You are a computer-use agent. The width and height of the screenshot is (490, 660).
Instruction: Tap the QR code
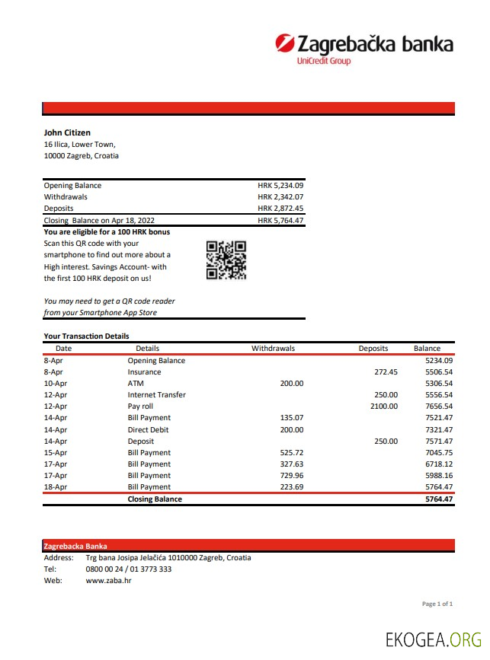tap(226, 260)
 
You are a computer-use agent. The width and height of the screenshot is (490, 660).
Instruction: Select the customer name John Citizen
tap(67, 132)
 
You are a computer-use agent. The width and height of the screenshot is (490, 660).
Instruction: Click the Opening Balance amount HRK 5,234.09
tap(280, 185)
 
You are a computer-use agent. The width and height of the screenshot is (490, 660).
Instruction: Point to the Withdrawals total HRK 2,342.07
tap(280, 196)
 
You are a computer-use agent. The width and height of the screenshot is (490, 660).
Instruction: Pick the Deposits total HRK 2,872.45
tap(280, 208)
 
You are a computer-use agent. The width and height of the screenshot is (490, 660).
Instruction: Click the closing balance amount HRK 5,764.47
tap(280, 220)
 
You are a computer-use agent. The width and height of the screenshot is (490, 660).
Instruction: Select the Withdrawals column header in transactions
tap(273, 348)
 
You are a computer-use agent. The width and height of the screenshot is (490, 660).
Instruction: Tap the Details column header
tap(147, 348)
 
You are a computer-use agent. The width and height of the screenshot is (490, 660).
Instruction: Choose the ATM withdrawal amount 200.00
tap(291, 383)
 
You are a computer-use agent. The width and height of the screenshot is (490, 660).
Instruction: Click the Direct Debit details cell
tap(149, 429)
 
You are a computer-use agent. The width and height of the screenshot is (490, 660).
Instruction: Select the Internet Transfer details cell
tap(156, 394)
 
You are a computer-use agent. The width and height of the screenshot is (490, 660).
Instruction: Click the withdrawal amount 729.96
tap(291, 475)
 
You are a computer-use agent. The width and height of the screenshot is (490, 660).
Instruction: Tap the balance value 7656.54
tap(438, 406)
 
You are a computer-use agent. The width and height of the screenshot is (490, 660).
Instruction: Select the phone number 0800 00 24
tap(107, 569)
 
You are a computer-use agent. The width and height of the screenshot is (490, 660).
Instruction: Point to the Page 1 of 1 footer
tap(437, 604)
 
